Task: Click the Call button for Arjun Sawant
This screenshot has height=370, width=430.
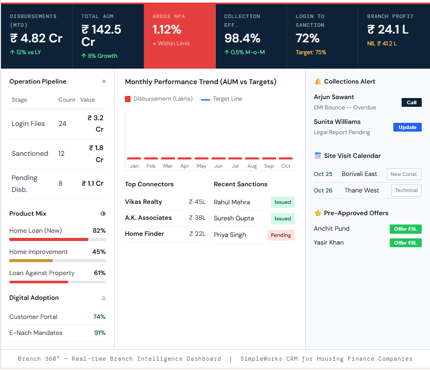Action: (x=411, y=102)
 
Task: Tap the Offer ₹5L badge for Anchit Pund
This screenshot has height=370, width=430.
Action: (x=405, y=229)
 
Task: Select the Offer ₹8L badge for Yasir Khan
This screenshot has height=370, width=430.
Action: (x=405, y=243)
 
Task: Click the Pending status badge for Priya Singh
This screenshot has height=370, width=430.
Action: (x=281, y=235)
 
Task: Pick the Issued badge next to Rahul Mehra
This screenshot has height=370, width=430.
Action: (x=282, y=202)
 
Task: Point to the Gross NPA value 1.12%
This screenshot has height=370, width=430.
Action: (x=167, y=30)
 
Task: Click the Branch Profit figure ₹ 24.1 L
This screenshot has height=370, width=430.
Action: (x=387, y=30)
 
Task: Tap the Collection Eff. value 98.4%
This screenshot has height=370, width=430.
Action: (x=242, y=38)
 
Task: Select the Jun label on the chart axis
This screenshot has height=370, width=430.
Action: (x=218, y=166)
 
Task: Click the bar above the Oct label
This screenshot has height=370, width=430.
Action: (x=285, y=158)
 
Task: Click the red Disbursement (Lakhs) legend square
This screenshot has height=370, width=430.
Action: (x=128, y=99)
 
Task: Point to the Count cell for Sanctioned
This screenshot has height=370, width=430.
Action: (x=61, y=154)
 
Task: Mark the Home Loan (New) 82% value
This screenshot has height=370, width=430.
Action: (x=99, y=231)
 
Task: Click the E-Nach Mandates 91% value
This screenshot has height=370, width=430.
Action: (x=100, y=333)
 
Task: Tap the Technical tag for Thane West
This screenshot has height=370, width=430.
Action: (x=406, y=190)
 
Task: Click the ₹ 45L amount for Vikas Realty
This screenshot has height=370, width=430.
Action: (x=197, y=202)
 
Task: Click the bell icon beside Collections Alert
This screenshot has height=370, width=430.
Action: (x=318, y=82)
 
